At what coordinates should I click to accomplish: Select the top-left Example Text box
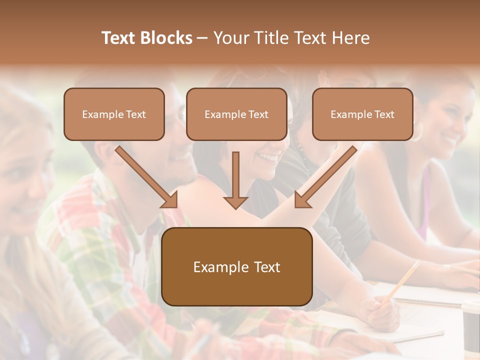tap(114, 114)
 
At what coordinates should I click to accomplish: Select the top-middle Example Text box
tap(236, 114)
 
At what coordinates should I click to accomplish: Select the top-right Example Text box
tap(362, 114)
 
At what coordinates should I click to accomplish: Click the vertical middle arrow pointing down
tap(235, 180)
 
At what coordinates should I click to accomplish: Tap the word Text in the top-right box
tap(384, 114)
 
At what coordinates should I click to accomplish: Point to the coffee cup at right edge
tap(471, 325)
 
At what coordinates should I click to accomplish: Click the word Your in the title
tap(230, 38)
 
